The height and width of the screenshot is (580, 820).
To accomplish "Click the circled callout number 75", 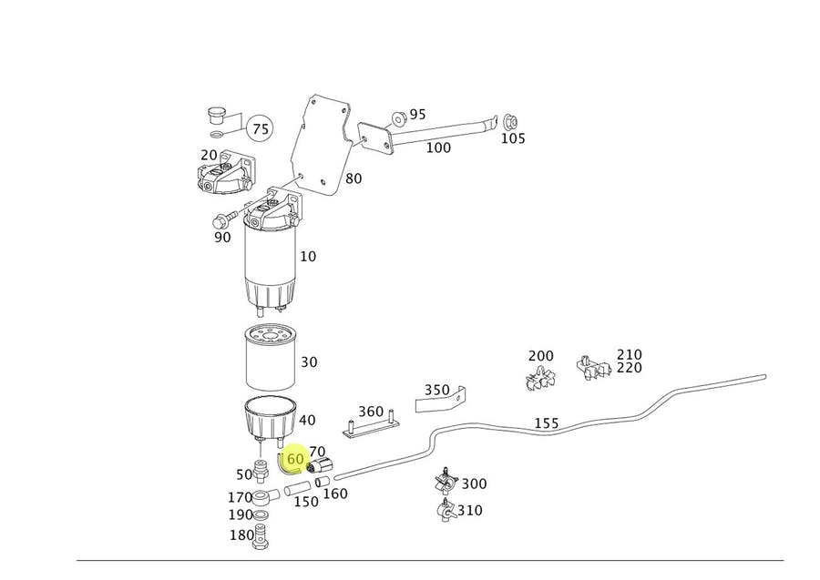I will pos(261,129).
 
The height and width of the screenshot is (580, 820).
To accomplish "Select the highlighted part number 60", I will pos(294,460).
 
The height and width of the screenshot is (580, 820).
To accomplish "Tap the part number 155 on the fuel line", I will pos(546,423).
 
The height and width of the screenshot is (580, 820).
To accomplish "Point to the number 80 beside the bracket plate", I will pos(353,178).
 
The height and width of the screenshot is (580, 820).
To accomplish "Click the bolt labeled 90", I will pos(222,219).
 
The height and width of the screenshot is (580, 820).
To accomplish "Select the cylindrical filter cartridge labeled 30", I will pos(269,360).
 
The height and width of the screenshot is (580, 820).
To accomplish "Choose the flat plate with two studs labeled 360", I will pos(370,424).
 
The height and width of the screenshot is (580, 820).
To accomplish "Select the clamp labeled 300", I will pos(445,481).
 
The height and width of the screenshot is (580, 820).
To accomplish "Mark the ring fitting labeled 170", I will pos(264,497).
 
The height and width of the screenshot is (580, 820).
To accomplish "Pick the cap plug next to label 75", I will pos(216,116).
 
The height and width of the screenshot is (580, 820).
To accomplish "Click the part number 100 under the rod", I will pos(438,148).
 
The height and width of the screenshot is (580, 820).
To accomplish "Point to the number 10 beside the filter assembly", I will pos(308,257).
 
